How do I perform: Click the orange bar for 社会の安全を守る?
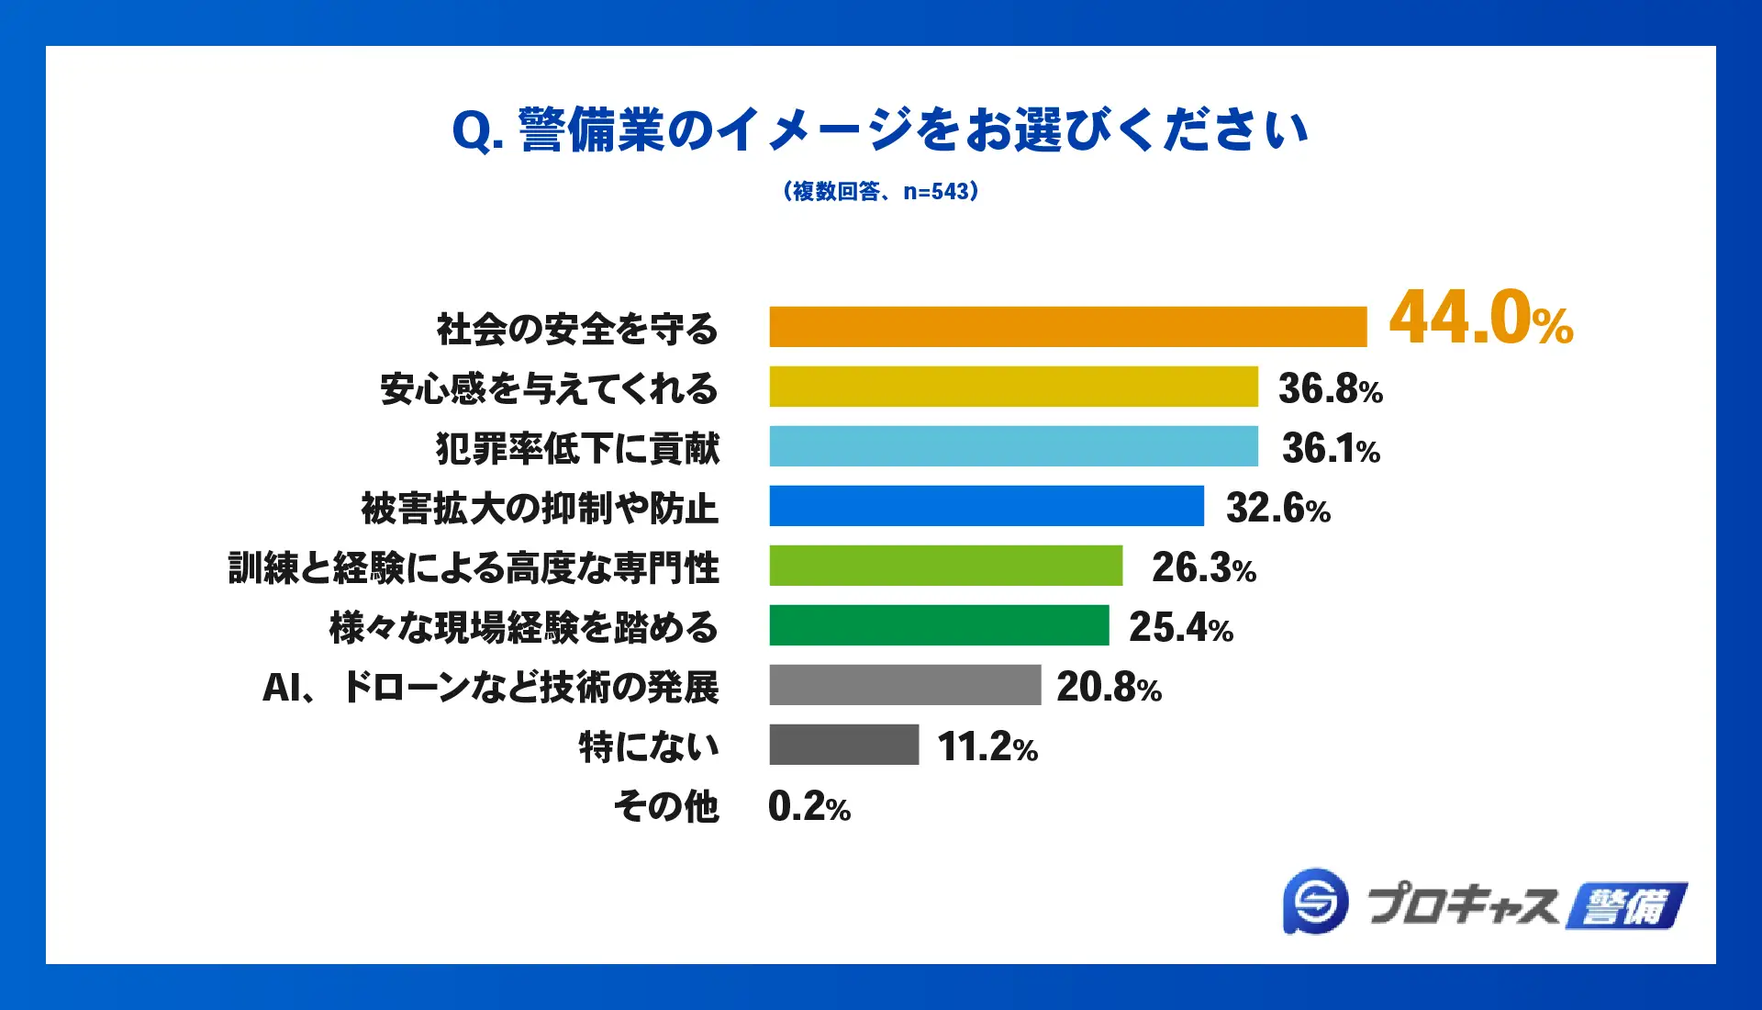pos(1067,327)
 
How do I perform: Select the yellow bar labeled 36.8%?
pos(1013,387)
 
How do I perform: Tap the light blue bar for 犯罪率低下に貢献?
pos(1013,446)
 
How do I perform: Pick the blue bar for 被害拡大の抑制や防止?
pos(987,506)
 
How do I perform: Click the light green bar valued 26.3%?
pos(945,566)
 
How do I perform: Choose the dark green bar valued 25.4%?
pos(939,625)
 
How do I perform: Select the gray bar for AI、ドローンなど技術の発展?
pos(905,685)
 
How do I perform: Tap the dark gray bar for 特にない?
pos(843,745)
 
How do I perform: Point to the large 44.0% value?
pos(1480,319)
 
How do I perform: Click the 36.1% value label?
pos(1331,449)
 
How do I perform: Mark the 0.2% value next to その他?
pos(809,807)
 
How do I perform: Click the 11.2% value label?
pos(987,747)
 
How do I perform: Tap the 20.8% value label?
pos(1109,688)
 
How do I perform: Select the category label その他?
pos(666,807)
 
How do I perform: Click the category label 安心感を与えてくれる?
pos(549,388)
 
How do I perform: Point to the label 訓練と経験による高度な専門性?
pos(474,567)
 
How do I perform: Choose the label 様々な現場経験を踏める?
pos(523,628)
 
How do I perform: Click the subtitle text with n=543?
pos(881,191)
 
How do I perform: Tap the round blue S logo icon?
pos(1315,902)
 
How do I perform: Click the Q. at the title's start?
pos(477,131)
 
